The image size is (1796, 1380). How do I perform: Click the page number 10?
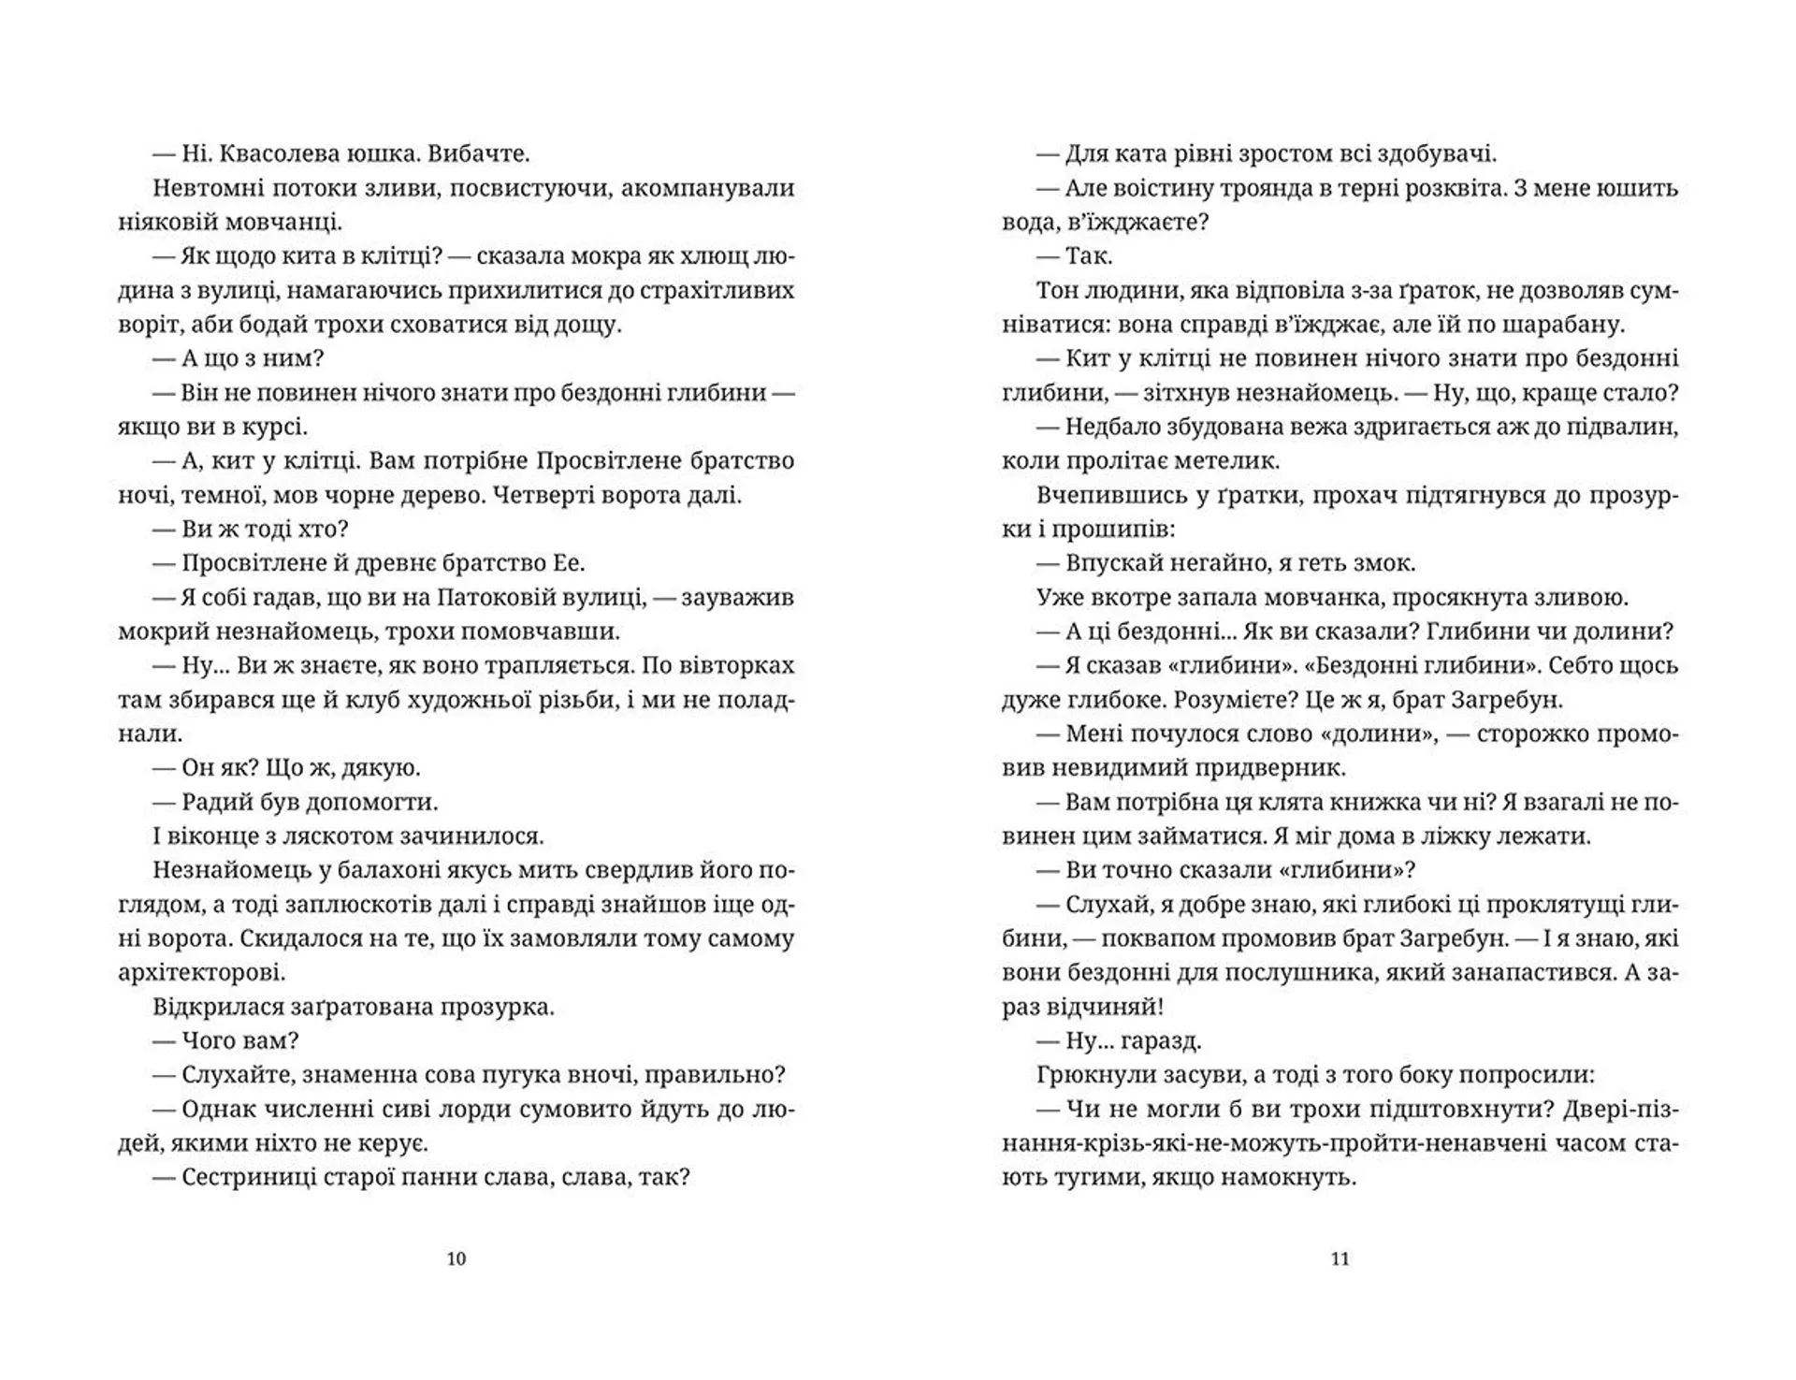tap(456, 1258)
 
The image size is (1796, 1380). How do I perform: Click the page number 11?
tap(1340, 1258)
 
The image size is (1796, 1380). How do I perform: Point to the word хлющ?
tap(702, 256)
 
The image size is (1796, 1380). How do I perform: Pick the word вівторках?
tap(740, 665)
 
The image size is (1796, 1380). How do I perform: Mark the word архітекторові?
tap(201, 972)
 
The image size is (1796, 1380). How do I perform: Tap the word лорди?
tap(480, 1109)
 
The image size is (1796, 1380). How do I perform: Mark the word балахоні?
tap(371, 870)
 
